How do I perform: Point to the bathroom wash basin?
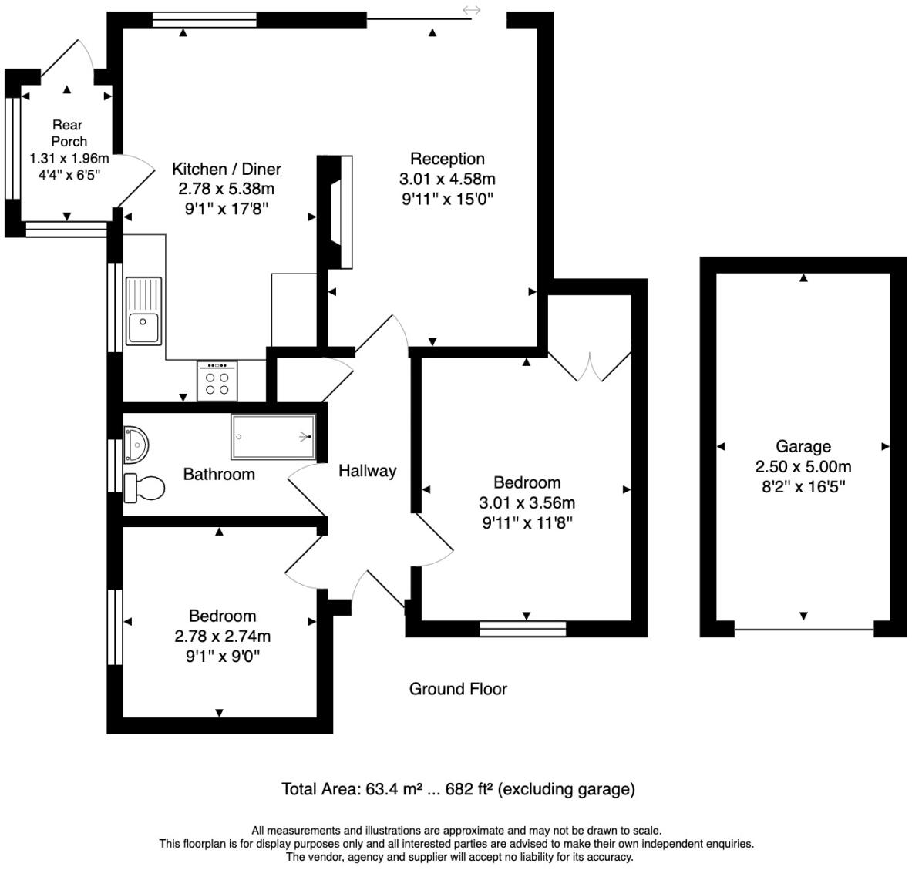[x=136, y=444]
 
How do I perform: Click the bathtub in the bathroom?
[x=274, y=437]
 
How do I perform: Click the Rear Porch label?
[x=68, y=133]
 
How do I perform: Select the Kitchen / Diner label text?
[x=226, y=169]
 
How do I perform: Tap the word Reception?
[x=447, y=159]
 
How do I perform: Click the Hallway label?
[x=367, y=470]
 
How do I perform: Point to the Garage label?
[x=803, y=446]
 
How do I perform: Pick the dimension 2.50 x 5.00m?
[x=803, y=466]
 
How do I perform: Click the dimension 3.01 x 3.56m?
[x=527, y=502]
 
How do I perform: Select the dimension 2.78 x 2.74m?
[x=222, y=636]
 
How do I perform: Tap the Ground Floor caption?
[x=458, y=688]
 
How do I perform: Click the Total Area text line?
[x=458, y=788]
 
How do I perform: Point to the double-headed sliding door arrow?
[x=472, y=10]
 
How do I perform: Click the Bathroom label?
[x=218, y=474]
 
